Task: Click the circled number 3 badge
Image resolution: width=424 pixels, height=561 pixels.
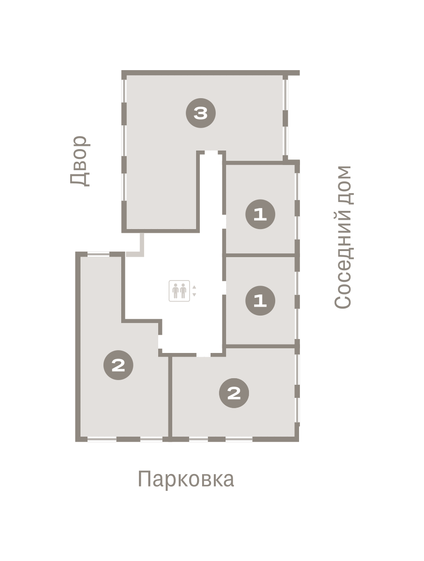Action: [200, 113]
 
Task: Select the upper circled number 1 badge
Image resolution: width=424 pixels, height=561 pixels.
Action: [260, 214]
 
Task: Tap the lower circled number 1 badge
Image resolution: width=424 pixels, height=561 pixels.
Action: [260, 301]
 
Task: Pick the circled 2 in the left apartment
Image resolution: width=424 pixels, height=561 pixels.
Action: [118, 365]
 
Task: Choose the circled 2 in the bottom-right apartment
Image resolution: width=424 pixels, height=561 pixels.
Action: [234, 393]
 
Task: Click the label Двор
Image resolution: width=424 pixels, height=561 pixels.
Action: [80, 161]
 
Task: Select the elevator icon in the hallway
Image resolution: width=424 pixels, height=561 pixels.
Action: [179, 291]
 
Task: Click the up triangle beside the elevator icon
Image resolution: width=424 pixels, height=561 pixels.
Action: [194, 287]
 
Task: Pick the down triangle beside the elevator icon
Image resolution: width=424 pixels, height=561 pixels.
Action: [194, 295]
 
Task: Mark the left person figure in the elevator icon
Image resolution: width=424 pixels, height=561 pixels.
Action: [175, 291]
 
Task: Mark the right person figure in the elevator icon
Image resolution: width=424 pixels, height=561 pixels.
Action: [183, 291]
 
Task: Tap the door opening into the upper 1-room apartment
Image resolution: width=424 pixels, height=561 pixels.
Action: [224, 222]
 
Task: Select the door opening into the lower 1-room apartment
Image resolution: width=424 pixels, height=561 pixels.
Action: [224, 288]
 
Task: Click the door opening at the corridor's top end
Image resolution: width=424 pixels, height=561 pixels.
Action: [211, 152]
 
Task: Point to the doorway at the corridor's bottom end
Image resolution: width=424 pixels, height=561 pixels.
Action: [203, 355]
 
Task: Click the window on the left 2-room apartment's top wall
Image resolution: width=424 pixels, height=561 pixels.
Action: [98, 254]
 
